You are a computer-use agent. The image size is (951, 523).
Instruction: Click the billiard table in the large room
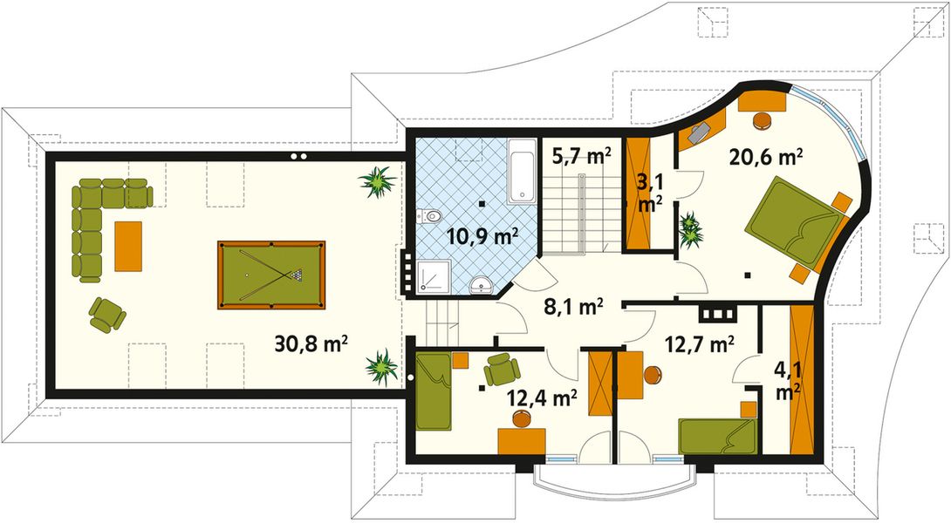(x=271, y=275)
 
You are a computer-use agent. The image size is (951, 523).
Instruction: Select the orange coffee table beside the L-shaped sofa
(x=127, y=246)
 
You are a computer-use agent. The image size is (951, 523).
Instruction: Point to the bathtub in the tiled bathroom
(x=522, y=171)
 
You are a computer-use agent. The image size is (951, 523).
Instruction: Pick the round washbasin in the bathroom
(x=479, y=285)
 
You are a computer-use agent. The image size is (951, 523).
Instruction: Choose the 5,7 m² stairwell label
(x=581, y=157)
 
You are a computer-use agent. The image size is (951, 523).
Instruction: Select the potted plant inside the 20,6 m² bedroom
(x=692, y=228)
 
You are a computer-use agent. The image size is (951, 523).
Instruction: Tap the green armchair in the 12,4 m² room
(x=502, y=370)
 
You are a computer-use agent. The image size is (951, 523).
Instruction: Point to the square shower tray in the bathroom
(x=433, y=276)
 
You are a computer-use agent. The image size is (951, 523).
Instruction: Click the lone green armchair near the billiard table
(x=106, y=314)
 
